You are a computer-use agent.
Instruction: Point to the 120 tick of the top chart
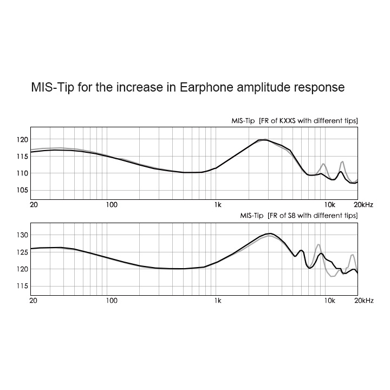pyautogui.click(x=22, y=139)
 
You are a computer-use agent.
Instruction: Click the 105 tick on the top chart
pyautogui.click(x=22, y=190)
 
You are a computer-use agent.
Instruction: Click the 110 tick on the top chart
pyautogui.click(x=22, y=173)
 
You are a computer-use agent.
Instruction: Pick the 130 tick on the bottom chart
pyautogui.click(x=22, y=235)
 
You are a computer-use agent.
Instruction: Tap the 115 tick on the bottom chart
pyautogui.click(x=22, y=286)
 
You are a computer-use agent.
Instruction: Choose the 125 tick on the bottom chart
pyautogui.click(x=22, y=252)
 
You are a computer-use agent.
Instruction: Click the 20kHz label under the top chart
pyautogui.click(x=363, y=205)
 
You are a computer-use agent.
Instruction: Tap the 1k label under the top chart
pyautogui.click(x=218, y=205)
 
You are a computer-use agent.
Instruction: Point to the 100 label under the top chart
pyautogui.click(x=112, y=205)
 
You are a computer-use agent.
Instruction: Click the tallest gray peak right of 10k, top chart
pyautogui.click(x=342, y=161)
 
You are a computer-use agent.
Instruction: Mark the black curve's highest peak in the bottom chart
pyautogui.click(x=270, y=233)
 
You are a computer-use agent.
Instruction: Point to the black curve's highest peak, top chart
pyautogui.click(x=264, y=140)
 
